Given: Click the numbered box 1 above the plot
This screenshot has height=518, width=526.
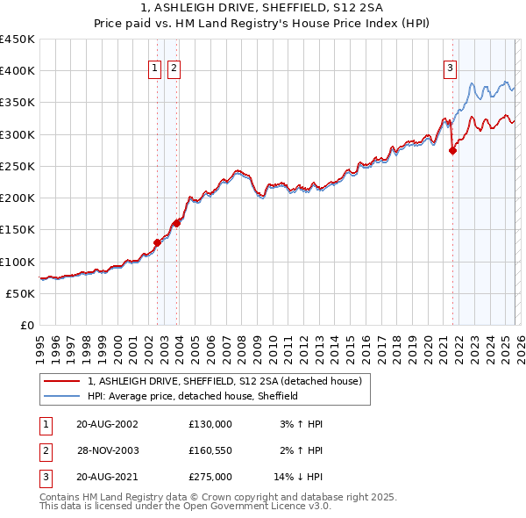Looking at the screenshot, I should (x=155, y=68).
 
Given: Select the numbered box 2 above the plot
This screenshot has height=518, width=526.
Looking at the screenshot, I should (x=174, y=68).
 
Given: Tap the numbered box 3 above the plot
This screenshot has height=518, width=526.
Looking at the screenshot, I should (x=450, y=68).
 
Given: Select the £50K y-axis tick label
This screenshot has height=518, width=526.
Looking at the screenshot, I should (x=21, y=293).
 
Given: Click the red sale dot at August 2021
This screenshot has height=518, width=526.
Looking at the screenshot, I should (x=453, y=151).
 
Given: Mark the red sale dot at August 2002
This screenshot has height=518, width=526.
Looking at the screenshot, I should (x=158, y=242).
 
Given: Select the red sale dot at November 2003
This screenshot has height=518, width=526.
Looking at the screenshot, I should (x=177, y=223).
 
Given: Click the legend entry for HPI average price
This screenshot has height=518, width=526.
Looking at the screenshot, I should (x=193, y=396).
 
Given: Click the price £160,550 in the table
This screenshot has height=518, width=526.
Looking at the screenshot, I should (x=210, y=450).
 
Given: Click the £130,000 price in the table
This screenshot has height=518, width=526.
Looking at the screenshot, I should (x=210, y=424).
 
